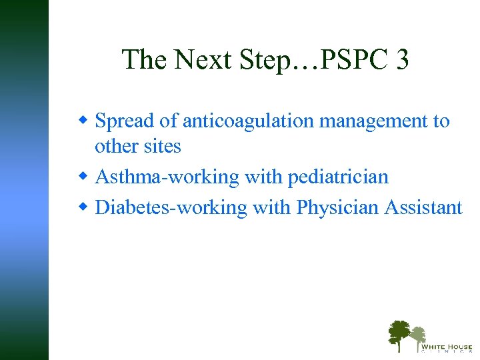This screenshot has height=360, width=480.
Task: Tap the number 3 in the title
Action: [401, 60]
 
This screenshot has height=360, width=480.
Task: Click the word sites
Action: [160, 146]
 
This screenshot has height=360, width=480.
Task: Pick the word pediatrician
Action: [338, 177]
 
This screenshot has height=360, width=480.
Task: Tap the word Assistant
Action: [423, 208]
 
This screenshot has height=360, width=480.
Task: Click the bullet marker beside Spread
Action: [83, 121]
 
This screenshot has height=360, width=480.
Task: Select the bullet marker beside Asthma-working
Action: [83, 177]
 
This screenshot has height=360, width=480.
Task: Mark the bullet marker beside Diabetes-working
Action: [83, 207]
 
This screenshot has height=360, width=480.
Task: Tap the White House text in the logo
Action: [446, 347]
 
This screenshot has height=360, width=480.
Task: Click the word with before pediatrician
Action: [263, 177]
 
